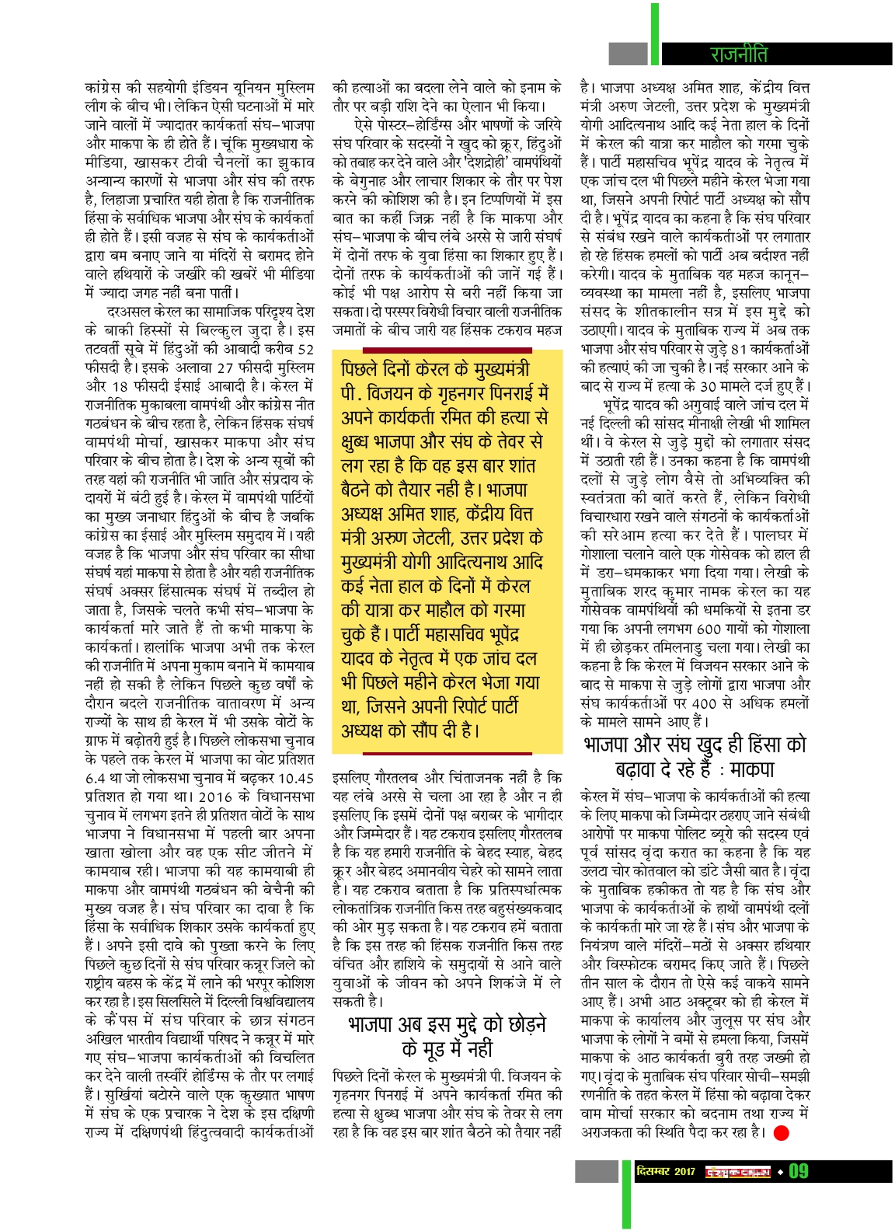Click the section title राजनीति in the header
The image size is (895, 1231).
(x=738, y=54)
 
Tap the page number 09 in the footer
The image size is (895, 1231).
(x=799, y=1171)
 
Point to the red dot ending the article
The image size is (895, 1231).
(x=782, y=1132)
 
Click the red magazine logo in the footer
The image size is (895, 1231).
(x=737, y=1171)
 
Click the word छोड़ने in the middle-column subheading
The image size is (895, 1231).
(x=521, y=1024)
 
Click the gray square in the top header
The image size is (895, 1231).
(x=628, y=54)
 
